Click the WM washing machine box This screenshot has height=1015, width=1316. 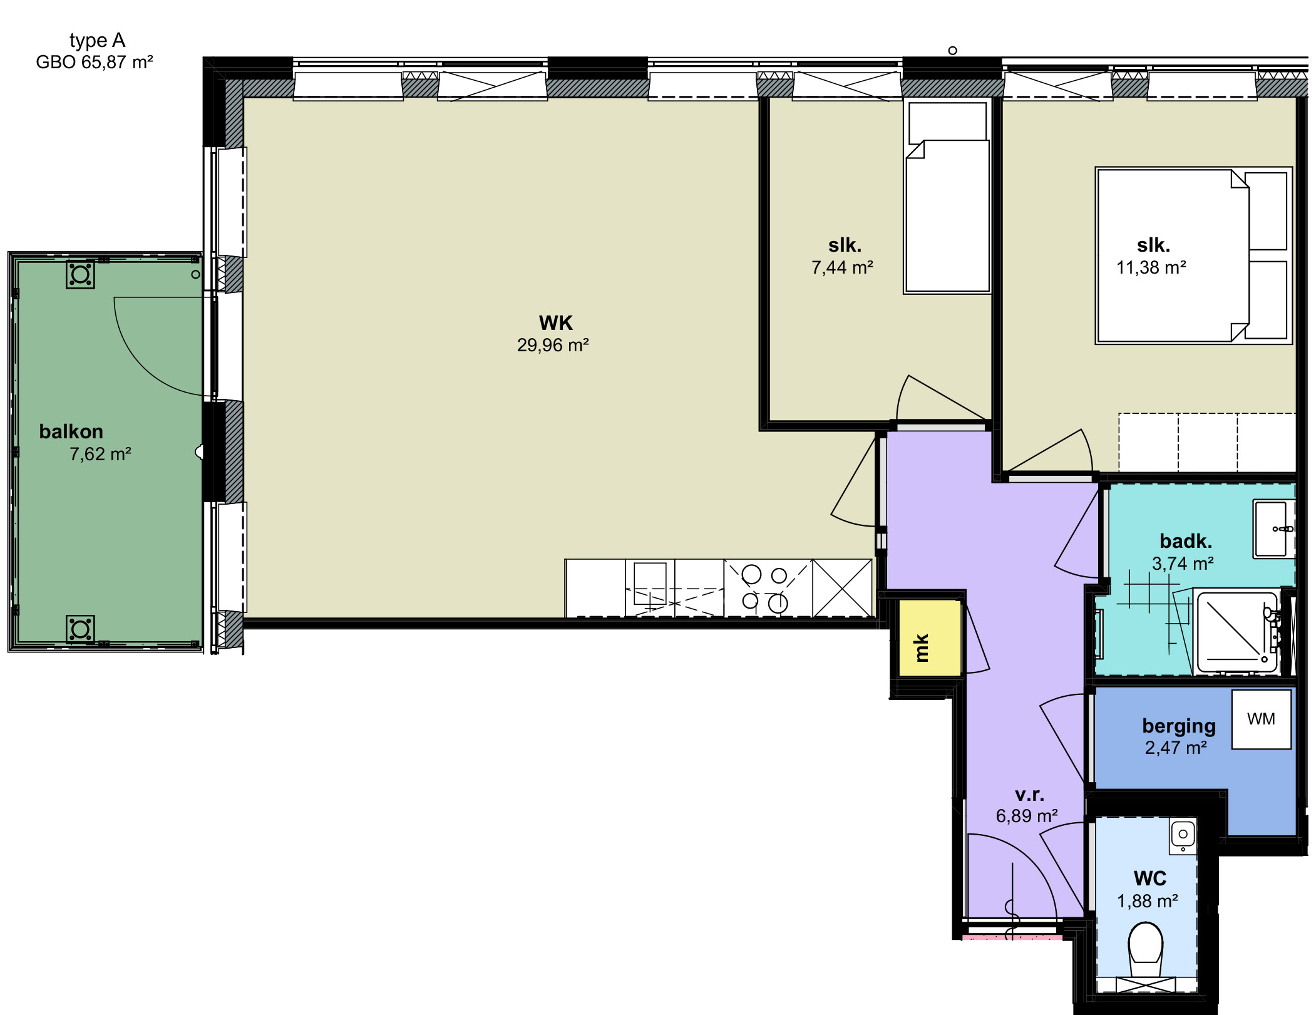pyautogui.click(x=1261, y=719)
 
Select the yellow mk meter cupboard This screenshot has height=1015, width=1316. pyautogui.click(x=929, y=638)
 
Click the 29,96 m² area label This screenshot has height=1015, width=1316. pyautogui.click(x=553, y=345)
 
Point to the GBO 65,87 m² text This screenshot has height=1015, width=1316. pyautogui.click(x=95, y=62)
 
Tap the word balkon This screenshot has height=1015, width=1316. pyautogui.click(x=71, y=431)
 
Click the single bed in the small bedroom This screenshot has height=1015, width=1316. pyautogui.click(x=947, y=197)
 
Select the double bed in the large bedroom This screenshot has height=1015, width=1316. pyautogui.click(x=1193, y=255)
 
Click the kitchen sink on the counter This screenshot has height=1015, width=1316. pyautogui.click(x=650, y=584)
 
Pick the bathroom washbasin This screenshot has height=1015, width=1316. pyautogui.click(x=1273, y=528)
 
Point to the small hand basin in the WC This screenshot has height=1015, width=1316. pyautogui.click(x=1183, y=835)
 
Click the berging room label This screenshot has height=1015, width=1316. pyautogui.click(x=1179, y=726)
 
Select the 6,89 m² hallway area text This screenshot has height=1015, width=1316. pyautogui.click(x=1027, y=816)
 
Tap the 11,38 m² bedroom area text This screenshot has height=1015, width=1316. pyautogui.click(x=1151, y=267)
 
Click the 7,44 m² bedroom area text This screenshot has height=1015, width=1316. pyautogui.click(x=842, y=267)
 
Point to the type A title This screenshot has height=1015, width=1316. pyautogui.click(x=97, y=41)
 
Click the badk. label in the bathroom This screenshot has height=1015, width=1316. pyautogui.click(x=1186, y=540)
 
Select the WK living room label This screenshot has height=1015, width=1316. pyautogui.click(x=556, y=323)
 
